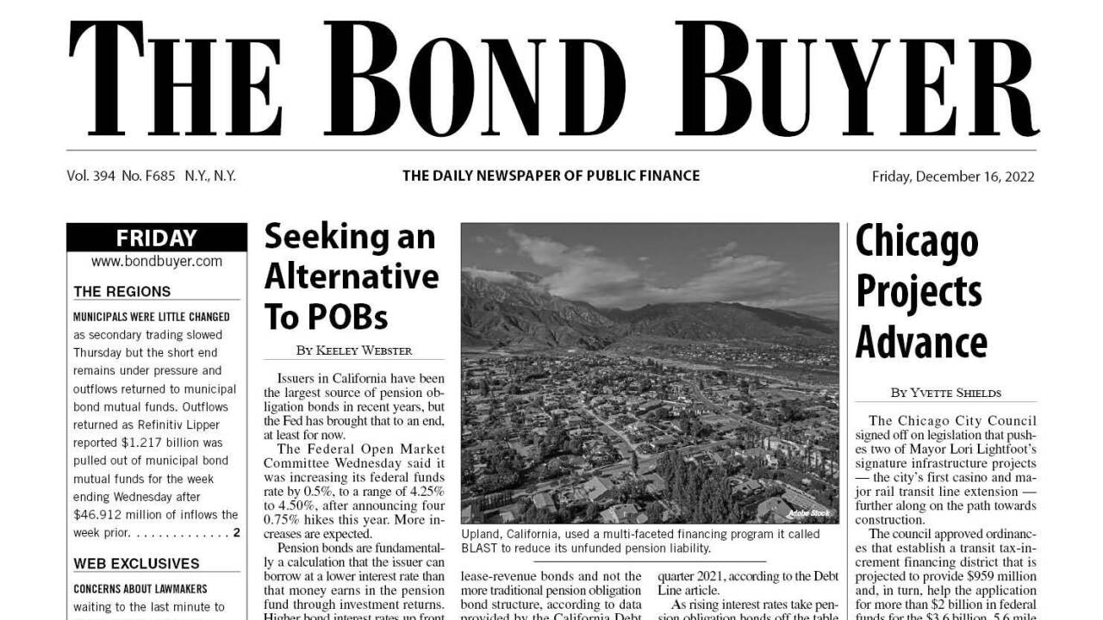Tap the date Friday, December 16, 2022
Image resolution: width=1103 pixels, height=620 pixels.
(x=953, y=177)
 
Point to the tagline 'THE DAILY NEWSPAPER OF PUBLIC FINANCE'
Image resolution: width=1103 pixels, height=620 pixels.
(x=551, y=176)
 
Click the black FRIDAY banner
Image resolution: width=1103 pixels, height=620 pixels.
(x=156, y=238)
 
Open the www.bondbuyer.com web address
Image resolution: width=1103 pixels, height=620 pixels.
(x=156, y=261)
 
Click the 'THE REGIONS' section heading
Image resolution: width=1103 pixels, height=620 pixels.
(x=122, y=291)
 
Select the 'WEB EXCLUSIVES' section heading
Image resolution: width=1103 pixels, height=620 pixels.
(x=136, y=564)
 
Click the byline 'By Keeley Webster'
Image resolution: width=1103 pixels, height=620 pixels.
(x=353, y=350)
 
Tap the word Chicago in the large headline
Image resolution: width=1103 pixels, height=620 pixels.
(x=916, y=243)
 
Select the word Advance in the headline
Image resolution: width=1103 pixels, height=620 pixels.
(x=920, y=342)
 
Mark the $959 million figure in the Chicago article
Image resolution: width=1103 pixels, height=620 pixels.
(x=1001, y=575)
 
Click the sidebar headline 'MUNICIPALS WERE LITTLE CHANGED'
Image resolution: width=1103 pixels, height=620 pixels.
(x=151, y=317)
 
